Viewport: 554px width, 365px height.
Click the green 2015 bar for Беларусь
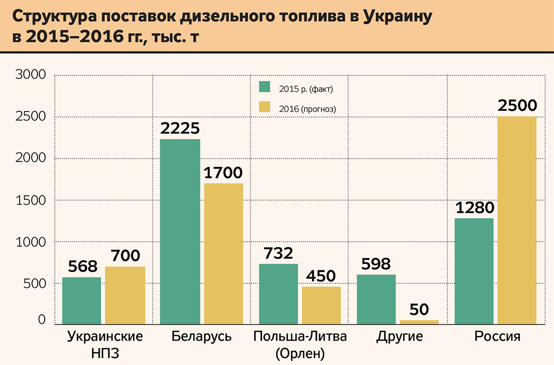point(180,231)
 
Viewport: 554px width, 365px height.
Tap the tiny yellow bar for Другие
point(419,322)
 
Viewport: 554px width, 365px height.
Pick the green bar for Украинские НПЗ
point(81,300)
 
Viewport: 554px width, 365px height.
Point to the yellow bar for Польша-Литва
point(321,305)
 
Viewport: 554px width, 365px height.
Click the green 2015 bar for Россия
point(474,271)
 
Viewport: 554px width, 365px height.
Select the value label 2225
point(180,128)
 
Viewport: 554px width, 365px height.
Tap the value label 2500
point(517,106)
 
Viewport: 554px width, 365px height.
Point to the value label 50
point(419,309)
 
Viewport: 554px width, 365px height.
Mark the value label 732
point(278,253)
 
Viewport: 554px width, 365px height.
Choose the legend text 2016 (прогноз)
point(307,109)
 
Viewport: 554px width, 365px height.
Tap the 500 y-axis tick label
point(34,283)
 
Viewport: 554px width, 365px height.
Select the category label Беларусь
point(201,336)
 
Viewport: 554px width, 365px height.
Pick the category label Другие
point(399,336)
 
